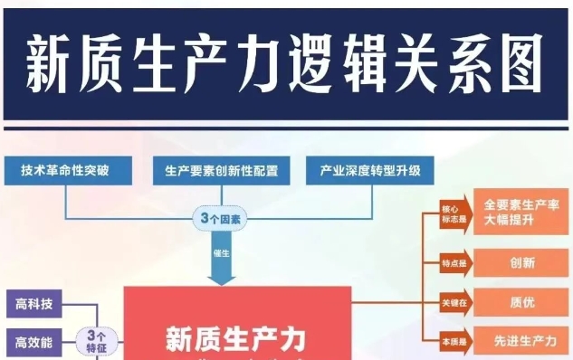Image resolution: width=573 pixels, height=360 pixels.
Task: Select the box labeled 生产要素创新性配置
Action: point(221,169)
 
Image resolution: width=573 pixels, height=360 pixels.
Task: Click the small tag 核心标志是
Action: point(453,212)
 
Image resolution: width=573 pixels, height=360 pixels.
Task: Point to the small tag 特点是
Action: point(453,263)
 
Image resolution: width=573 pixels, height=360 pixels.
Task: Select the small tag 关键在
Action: point(453,302)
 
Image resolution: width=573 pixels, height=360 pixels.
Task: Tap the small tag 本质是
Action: point(453,340)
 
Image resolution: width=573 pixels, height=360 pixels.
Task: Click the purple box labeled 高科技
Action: point(34,304)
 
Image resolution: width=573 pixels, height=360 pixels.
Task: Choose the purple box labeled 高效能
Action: point(34,342)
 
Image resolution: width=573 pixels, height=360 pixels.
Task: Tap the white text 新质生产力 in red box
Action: point(235,339)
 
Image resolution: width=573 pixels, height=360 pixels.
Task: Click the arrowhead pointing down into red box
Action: point(221,279)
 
